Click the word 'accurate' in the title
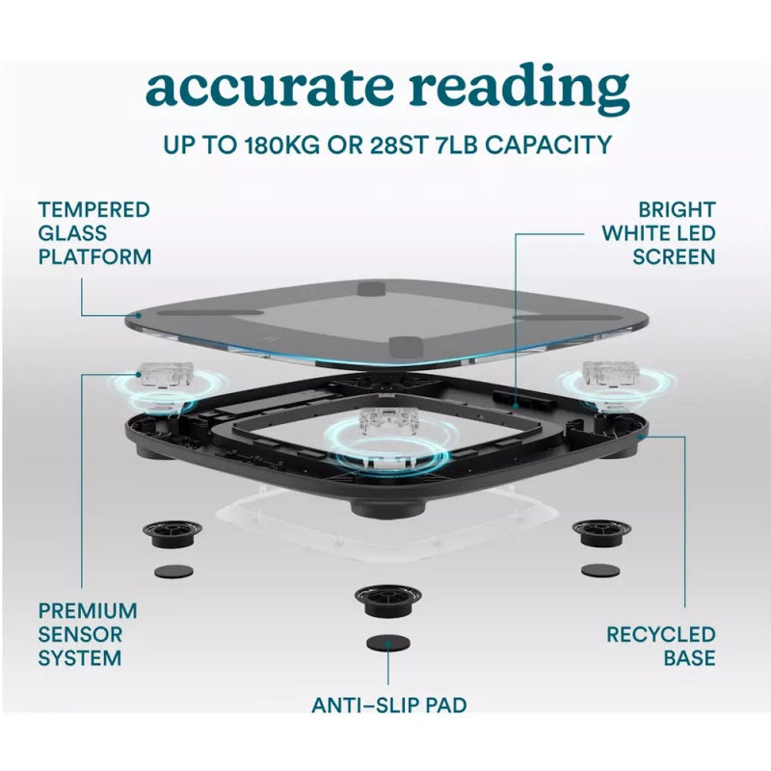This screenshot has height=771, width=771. click(x=270, y=88)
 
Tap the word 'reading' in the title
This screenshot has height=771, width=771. click(x=519, y=89)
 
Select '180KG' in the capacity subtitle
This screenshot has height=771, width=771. click(x=281, y=146)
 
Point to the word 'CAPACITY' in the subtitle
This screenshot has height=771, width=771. click(x=548, y=146)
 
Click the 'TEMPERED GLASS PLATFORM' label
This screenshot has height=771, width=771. click(x=94, y=233)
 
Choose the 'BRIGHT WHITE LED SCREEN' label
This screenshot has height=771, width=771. click(x=659, y=233)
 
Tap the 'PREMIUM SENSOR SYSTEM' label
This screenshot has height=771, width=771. click(x=88, y=634)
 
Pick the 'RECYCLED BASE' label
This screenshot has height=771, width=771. click(x=661, y=646)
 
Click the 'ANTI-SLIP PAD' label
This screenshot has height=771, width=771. click(x=389, y=705)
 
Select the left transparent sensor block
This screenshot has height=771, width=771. click(x=164, y=375)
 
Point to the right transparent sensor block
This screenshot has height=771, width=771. click(x=608, y=373)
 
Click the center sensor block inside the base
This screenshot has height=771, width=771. click(x=388, y=420)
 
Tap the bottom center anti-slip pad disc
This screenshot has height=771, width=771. click(x=388, y=642)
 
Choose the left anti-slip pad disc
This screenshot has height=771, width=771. click(x=173, y=571)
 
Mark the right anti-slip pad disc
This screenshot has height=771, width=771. click(x=600, y=571)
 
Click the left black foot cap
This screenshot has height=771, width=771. click(x=173, y=534)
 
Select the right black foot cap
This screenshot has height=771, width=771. click(x=601, y=532)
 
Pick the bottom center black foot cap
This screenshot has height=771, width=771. click(x=388, y=600)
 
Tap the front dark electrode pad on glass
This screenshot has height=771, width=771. click(x=406, y=348)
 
